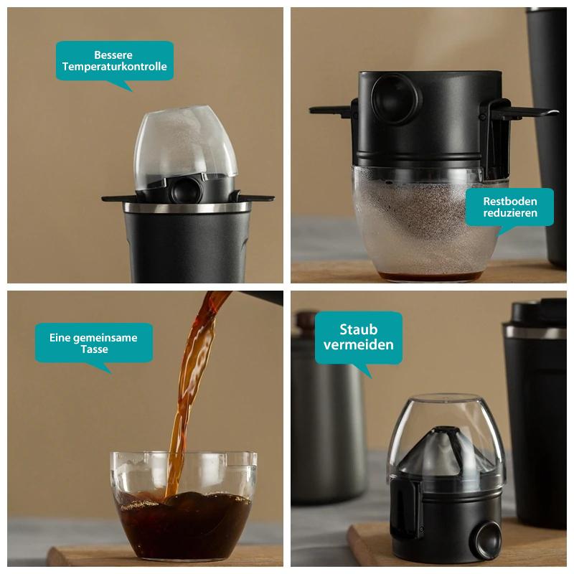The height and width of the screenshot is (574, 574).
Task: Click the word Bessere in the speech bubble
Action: tap(114, 55)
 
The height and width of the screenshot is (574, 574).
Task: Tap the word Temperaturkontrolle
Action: tap(114, 67)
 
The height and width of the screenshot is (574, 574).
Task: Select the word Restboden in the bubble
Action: tap(509, 201)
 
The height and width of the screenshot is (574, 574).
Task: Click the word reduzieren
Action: tap(509, 214)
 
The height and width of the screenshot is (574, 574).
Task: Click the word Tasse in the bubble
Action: tap(94, 349)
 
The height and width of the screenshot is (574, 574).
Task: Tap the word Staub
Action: tap(358, 330)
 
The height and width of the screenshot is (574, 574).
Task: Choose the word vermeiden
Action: tap(358, 344)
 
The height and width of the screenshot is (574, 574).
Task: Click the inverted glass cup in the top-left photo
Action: tap(185, 143)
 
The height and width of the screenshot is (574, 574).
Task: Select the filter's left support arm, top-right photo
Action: tap(332, 110)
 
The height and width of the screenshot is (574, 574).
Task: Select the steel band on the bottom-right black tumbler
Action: tap(535, 331)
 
